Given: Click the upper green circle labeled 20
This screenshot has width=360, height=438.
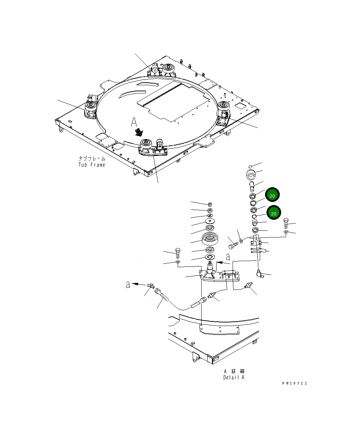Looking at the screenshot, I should pyautogui.click(x=272, y=195).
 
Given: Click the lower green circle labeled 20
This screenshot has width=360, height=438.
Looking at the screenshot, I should pyautogui.click(x=273, y=213).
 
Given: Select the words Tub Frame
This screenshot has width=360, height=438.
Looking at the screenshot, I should pyautogui.click(x=92, y=165).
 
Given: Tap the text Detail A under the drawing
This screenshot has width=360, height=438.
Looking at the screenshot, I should pyautogui.click(x=234, y=377).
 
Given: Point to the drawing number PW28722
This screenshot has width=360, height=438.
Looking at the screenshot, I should pyautogui.click(x=294, y=383).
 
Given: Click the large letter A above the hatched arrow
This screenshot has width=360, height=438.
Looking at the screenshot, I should pyautogui.click(x=134, y=122).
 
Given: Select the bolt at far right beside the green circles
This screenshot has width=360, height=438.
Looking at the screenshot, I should pyautogui.click(x=287, y=224).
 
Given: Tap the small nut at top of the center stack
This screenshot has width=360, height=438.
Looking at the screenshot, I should pyautogui.click(x=210, y=204).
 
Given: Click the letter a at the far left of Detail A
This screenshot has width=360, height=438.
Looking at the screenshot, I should pyautogui.click(x=127, y=285).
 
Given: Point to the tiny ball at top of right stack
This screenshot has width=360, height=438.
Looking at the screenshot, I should pyautogui.click(x=251, y=166).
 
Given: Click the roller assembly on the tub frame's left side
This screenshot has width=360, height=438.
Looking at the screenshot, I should pyautogui.click(x=90, y=109).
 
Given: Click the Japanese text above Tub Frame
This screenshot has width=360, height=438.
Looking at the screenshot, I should pyautogui.click(x=92, y=158).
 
